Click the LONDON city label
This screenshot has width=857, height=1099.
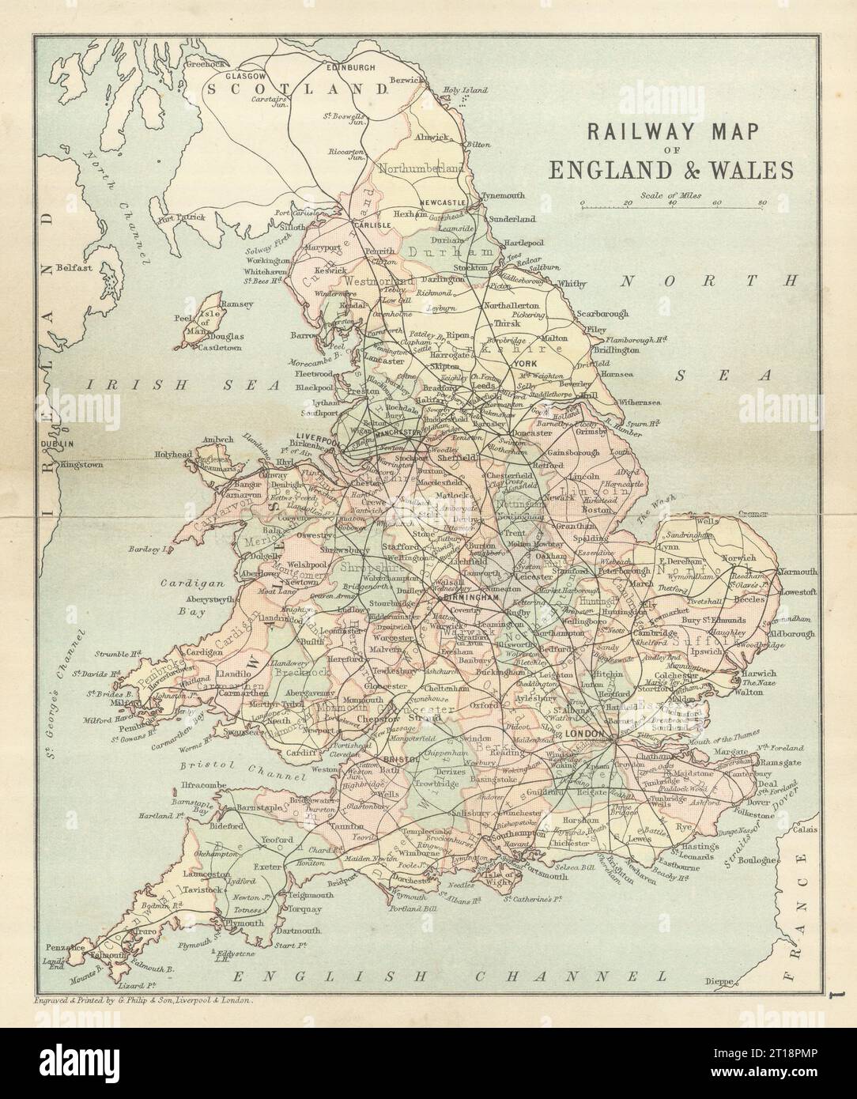click(x=586, y=734)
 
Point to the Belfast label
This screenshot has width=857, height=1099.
click(x=76, y=267)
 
